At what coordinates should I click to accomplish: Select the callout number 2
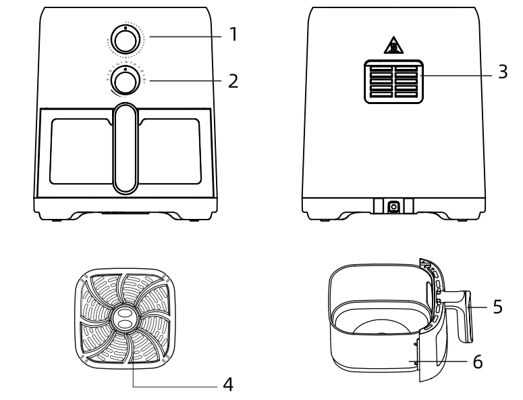point(233,81)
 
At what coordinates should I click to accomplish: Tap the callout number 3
point(502,73)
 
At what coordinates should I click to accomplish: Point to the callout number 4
point(228,385)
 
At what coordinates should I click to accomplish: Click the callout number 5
point(497,307)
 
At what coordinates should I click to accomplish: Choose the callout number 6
point(477,361)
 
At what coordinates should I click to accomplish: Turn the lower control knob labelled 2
point(125,81)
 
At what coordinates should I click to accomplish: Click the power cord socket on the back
point(393,206)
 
